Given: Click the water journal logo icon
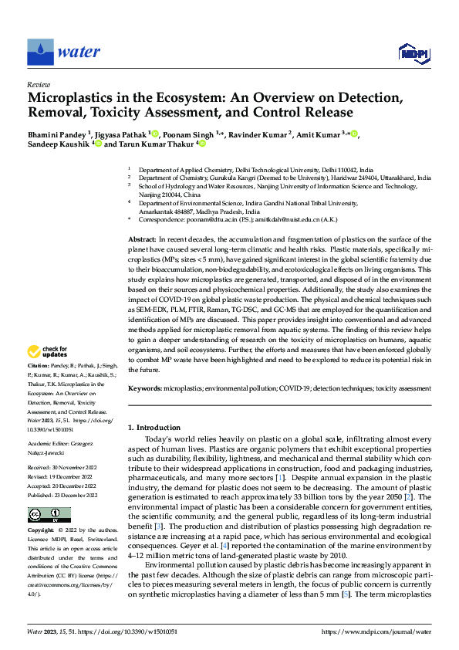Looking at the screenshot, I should click(x=40, y=52).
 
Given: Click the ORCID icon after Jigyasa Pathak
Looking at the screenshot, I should click(x=155, y=133).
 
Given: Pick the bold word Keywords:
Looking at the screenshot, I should click(x=145, y=388).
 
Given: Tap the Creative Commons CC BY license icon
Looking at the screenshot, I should click(x=39, y=514).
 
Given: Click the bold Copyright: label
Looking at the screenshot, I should click(x=41, y=531).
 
